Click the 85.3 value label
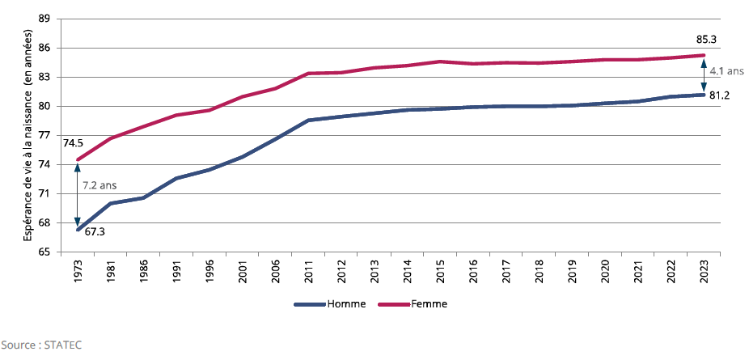point(706,39)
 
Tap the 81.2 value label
point(720,95)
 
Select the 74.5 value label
point(74,143)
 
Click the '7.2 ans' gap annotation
point(99,185)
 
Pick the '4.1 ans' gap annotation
point(726,71)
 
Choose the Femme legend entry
point(429,305)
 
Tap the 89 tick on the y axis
point(44,19)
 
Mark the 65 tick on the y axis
point(44,252)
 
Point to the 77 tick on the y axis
point(44,136)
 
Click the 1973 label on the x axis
point(78,270)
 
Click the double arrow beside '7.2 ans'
point(78,195)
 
